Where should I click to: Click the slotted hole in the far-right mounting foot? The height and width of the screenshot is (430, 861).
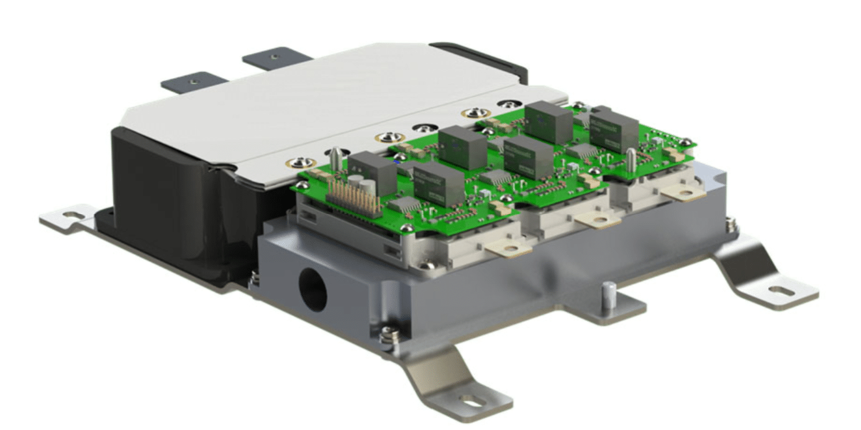tap(779, 290)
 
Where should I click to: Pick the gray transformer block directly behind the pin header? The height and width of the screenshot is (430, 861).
tap(371, 172)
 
